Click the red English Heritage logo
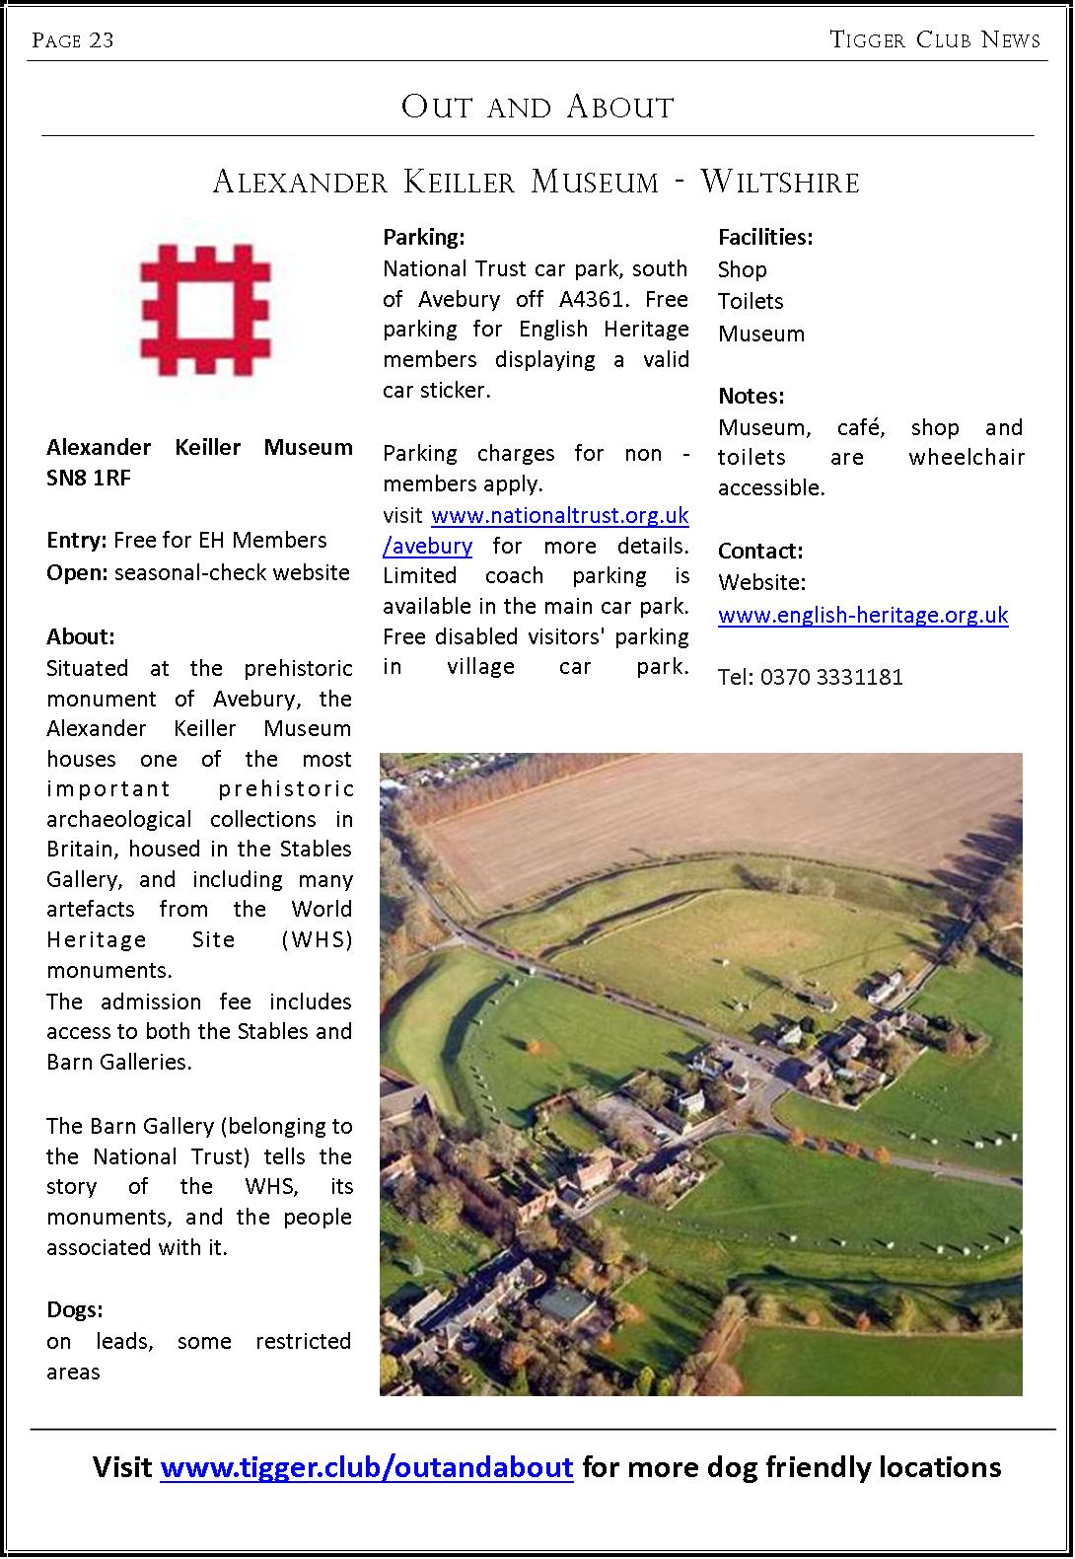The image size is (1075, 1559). [205, 312]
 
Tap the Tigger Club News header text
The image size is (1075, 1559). [935, 39]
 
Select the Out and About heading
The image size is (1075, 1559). [537, 107]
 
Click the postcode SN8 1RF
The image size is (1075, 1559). [89, 478]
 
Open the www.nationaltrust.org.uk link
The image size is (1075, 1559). [559, 515]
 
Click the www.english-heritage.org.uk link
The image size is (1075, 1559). [863, 615]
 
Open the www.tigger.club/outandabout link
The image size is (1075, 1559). [367, 1467]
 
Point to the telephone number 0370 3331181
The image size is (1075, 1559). [831, 677]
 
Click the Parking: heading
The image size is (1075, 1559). [423, 237]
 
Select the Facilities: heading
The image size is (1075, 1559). [765, 237]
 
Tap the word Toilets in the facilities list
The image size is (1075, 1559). [751, 301]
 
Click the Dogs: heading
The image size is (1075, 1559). [75, 1309]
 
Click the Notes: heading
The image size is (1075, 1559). [752, 396]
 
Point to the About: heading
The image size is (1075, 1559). [81, 636]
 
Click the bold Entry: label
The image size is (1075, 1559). [77, 540]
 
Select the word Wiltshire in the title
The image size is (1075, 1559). [779, 182]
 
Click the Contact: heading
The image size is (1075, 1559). [760, 551]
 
